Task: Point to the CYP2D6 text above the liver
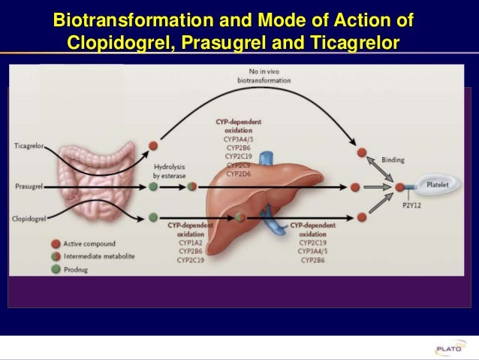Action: point(239,174)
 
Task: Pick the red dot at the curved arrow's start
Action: point(154,144)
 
